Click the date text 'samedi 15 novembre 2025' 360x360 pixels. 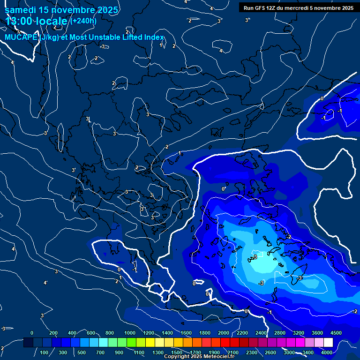pos(61,10)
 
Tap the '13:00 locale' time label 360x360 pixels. pos(37,21)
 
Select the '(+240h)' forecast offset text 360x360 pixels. pos(84,21)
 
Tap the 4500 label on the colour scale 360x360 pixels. pos(336,333)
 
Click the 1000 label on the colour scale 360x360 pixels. pos(130,333)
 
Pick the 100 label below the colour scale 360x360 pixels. pos(45,352)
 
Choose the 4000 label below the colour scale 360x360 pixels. pos(327,352)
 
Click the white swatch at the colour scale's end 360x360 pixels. pos(328,343)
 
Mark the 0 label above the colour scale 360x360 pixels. pos(32,333)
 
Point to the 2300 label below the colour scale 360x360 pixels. pos(252,352)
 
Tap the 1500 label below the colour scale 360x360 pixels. pos(177,352)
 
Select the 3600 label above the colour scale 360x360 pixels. pos(317,333)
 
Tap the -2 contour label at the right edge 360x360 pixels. pos(355,311)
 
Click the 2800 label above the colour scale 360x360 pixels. pos(280,333)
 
